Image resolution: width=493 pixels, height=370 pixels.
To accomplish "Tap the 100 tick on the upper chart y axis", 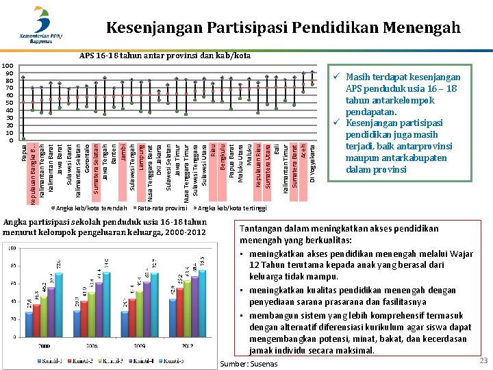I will click(x=10, y=66).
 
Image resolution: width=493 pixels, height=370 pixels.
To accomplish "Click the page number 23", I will click(x=483, y=360).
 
